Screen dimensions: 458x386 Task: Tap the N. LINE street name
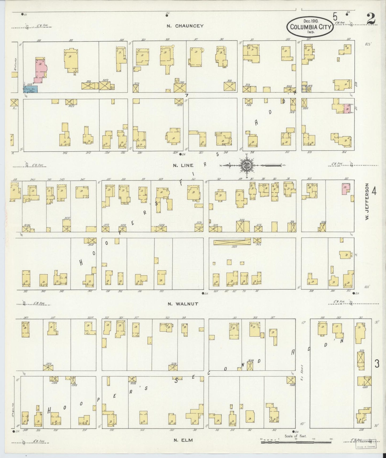coord(183,165)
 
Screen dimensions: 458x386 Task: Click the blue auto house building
coord(30,89)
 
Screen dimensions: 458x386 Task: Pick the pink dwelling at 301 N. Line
coord(346,188)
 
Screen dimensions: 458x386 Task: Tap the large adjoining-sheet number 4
coord(374,191)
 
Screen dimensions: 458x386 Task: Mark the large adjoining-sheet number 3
coord(377,364)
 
